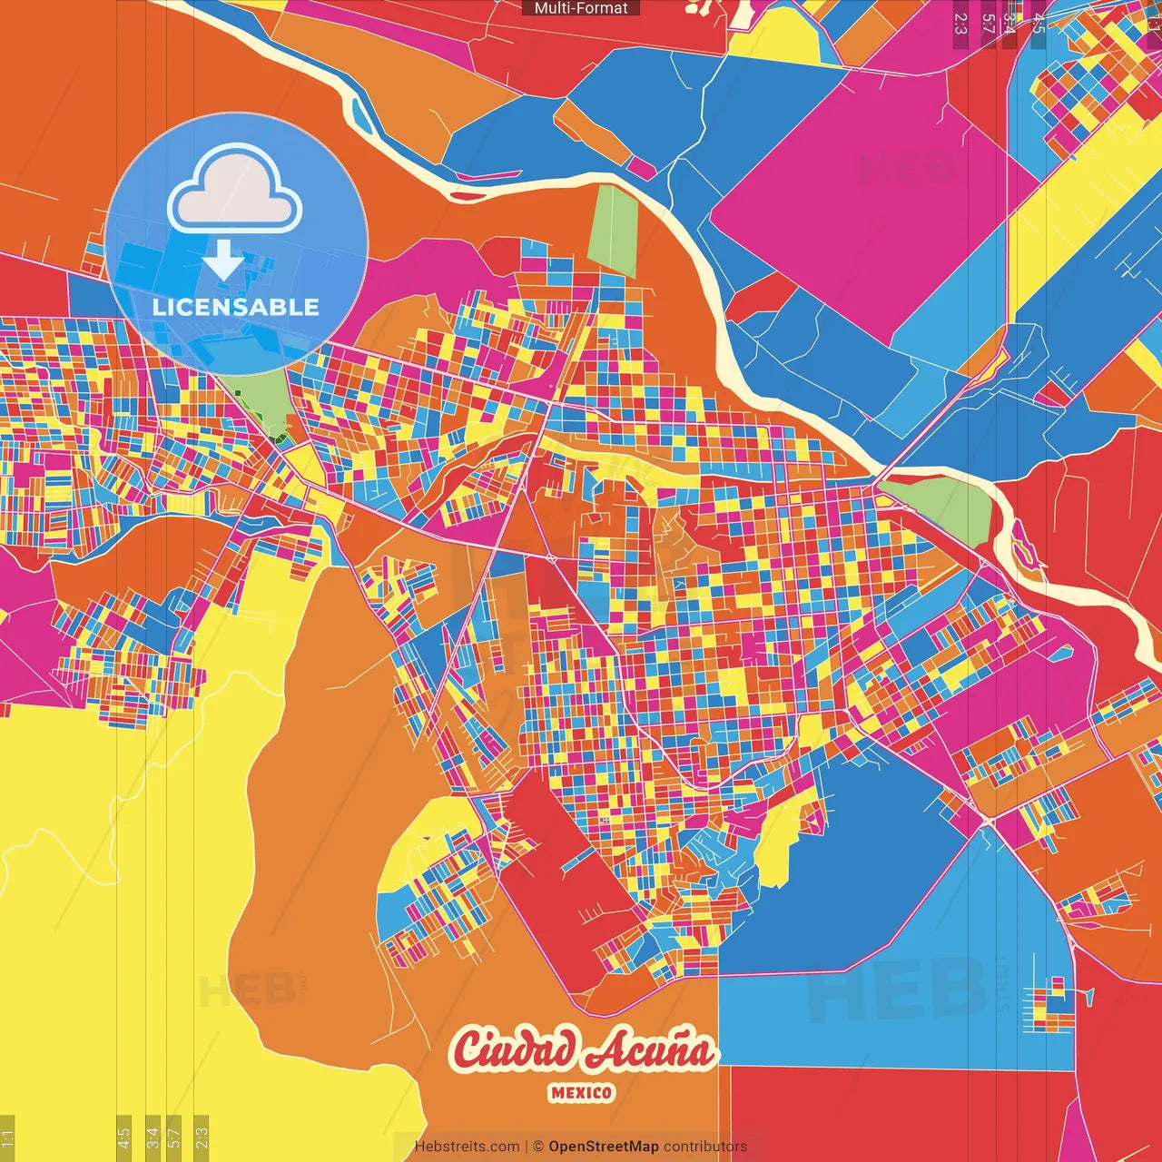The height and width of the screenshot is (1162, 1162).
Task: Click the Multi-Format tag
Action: pos(581,8)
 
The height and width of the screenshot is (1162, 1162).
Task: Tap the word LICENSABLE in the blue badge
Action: pos(236,307)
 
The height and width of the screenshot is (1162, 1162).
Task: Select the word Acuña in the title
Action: pos(648,1051)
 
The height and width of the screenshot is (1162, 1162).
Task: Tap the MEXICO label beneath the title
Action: pos(581,1093)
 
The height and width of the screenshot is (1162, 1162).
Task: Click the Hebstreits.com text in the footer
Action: pos(467,1147)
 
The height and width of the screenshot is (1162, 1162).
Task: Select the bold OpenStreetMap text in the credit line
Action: pos(604,1147)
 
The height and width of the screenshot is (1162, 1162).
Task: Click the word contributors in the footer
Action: pos(705,1147)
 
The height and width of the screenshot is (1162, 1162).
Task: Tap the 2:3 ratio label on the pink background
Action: pos(960,24)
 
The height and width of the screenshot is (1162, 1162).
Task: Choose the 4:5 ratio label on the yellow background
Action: pos(123,1137)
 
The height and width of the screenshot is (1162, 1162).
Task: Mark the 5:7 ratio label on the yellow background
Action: pos(174,1137)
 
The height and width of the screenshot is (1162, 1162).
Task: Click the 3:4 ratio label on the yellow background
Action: pos(153,1137)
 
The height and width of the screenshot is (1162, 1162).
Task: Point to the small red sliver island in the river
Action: pos(468,195)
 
